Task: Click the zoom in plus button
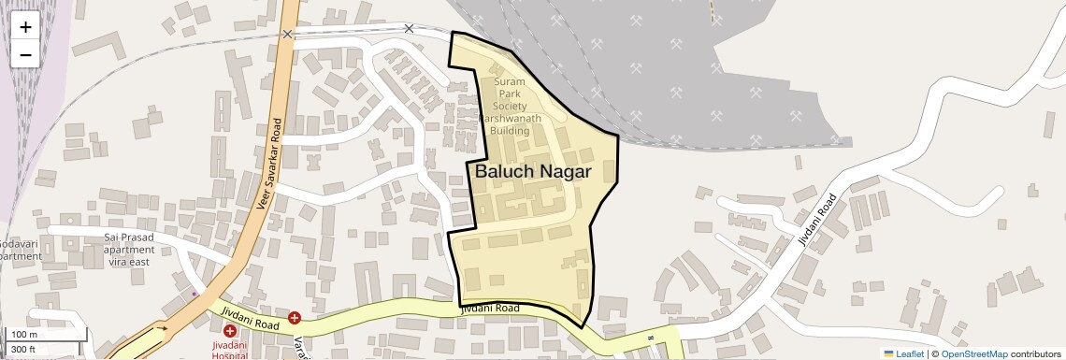click(25, 26)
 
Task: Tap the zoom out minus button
click(25, 54)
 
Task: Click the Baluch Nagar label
click(533, 172)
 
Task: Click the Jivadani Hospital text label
click(229, 350)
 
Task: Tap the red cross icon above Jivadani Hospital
click(230, 331)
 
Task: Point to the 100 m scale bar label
click(23, 335)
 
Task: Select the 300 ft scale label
click(23, 350)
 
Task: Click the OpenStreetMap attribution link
click(974, 353)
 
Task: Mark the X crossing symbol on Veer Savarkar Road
click(287, 34)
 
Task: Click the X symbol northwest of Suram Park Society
click(409, 28)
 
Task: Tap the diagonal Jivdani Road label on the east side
click(816, 220)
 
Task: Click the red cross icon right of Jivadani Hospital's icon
click(295, 318)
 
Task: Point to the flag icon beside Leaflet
click(888, 353)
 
